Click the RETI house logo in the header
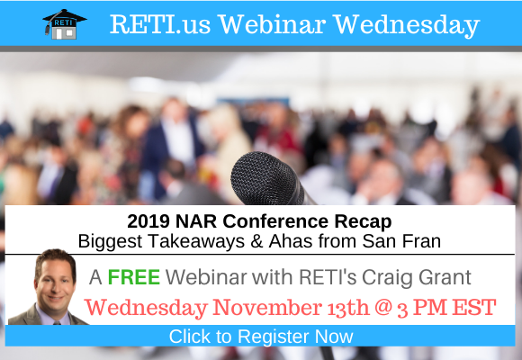point(65,24)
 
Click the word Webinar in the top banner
point(273,24)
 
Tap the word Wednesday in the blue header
point(407,25)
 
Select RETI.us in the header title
point(160,24)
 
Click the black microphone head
point(265,178)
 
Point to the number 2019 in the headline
point(148,221)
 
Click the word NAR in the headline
point(196,221)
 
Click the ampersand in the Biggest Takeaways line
point(256,241)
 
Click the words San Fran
point(401,241)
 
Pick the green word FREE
point(134,277)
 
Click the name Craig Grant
point(417,278)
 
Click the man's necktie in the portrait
point(57,323)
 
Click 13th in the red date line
point(348,308)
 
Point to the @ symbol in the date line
point(383,308)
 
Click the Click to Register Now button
point(260,336)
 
